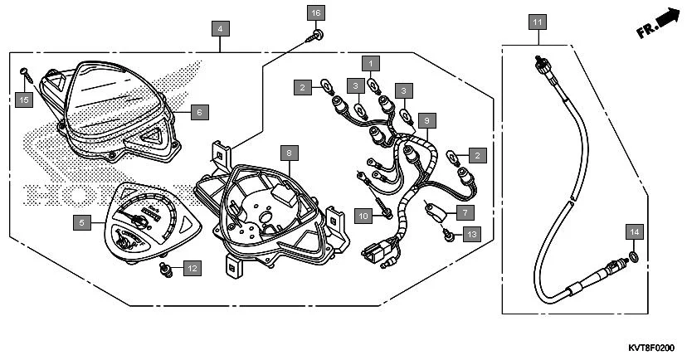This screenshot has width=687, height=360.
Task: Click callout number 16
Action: point(314,13)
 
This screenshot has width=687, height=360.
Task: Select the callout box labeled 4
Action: point(219,28)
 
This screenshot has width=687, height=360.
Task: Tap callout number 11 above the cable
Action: point(537,22)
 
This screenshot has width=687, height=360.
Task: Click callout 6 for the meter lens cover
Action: point(199,110)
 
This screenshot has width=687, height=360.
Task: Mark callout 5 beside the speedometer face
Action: point(80,222)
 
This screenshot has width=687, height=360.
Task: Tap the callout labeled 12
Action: point(192,268)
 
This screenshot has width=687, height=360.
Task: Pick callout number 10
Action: point(363,216)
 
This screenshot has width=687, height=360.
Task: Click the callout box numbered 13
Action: point(470,236)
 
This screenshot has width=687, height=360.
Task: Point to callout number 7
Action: point(462,212)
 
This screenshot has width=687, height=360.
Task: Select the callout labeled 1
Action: point(370,62)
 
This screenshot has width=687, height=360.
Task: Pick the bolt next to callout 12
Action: point(165,269)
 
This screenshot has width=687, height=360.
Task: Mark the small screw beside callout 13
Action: point(449,236)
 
